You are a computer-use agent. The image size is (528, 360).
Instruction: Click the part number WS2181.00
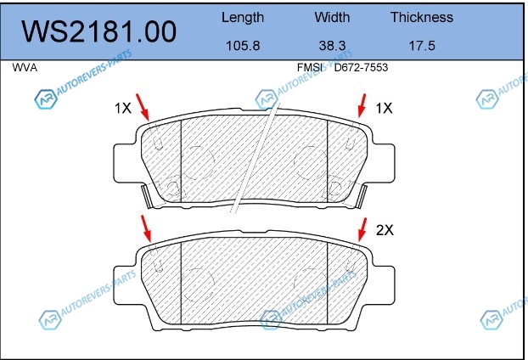(x=99, y=31)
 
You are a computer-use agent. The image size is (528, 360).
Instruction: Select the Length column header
(x=243, y=18)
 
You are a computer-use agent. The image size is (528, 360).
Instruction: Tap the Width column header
(x=332, y=17)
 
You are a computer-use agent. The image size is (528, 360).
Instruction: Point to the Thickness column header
(x=422, y=17)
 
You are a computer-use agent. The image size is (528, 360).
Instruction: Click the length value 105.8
(x=243, y=46)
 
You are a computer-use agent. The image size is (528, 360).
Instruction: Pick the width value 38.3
(x=333, y=46)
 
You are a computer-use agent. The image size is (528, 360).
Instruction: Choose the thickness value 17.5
(x=422, y=46)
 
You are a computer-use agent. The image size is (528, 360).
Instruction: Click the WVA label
(x=25, y=68)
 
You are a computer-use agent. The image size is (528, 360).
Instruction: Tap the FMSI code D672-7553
(x=361, y=68)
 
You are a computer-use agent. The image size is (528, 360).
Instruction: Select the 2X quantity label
(x=385, y=230)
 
